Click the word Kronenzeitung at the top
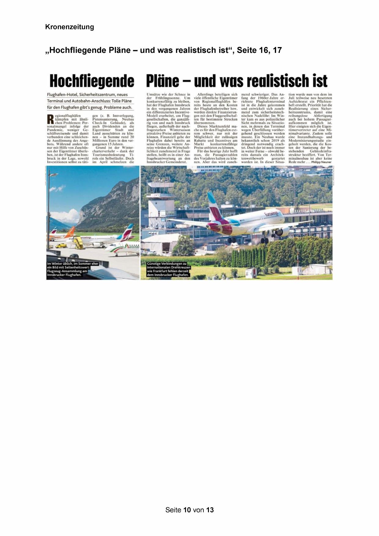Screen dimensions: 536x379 click(69, 27)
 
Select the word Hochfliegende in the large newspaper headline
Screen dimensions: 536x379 click(92, 81)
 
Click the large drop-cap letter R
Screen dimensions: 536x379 click(51, 119)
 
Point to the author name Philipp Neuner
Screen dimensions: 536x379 click(321, 162)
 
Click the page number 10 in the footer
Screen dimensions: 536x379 click(187, 510)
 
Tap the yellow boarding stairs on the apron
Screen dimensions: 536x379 click(78, 243)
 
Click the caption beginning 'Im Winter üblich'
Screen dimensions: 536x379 click(72, 269)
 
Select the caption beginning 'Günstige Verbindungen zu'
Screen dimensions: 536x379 click(169, 269)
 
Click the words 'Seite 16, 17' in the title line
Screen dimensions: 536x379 click(259, 50)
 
